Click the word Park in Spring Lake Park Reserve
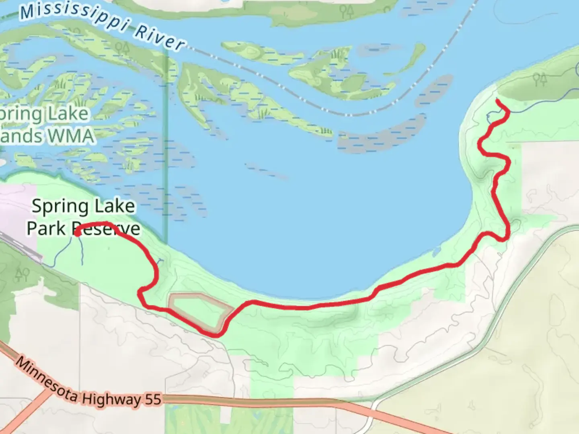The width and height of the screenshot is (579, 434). pyautogui.click(x=46, y=228)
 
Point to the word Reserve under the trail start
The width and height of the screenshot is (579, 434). pyautogui.click(x=106, y=229)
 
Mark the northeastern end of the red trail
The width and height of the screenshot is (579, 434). pyautogui.click(x=498, y=100)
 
